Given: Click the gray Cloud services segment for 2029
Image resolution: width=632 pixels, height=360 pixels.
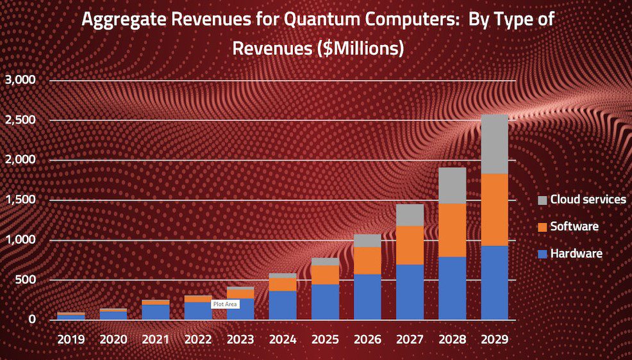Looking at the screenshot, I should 494,144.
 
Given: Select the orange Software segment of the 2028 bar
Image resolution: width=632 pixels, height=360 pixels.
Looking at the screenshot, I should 452,230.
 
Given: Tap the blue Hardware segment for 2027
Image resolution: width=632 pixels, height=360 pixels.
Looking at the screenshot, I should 410,292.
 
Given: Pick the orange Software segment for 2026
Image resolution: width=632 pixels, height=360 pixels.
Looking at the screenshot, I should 367,261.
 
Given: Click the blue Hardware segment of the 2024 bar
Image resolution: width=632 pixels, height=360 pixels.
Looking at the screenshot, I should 283,306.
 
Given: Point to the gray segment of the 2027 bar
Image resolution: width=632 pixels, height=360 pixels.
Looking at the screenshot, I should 410,215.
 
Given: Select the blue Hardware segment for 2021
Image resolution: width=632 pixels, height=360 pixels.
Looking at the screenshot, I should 156,312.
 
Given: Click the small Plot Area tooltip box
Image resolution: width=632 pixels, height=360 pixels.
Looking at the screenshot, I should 226,305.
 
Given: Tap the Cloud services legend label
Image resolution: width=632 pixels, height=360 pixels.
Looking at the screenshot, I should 588,199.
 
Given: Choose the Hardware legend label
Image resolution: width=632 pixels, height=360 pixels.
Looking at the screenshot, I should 576,254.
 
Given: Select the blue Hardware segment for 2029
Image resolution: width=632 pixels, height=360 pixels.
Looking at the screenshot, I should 494,282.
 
